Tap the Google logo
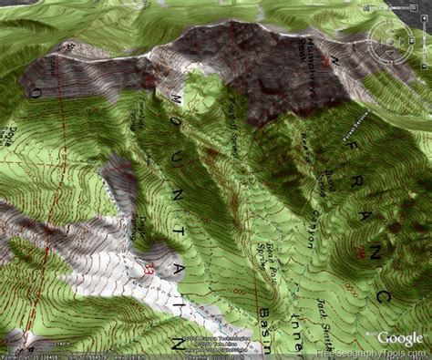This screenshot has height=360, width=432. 400,338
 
